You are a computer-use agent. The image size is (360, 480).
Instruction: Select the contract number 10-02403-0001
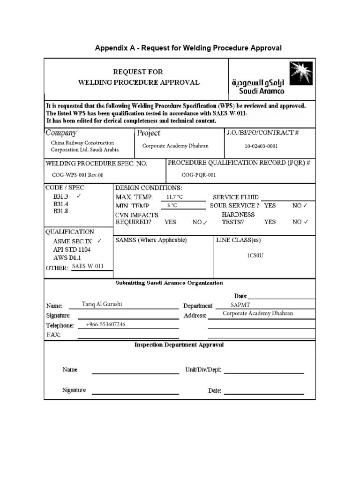click(261, 146)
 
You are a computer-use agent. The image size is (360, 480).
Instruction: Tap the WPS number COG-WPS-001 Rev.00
click(77, 174)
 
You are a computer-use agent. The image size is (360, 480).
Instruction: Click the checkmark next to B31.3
click(79, 196)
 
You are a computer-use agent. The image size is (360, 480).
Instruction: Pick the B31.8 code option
click(60, 211)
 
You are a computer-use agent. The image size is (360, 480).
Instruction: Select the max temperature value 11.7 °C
click(175, 197)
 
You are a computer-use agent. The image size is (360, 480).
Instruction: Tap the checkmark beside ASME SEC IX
click(99, 241)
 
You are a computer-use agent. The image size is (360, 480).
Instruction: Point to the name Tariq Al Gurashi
click(102, 304)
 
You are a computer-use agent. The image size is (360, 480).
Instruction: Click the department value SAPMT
click(240, 305)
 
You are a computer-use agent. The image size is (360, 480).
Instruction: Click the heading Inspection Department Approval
click(179, 345)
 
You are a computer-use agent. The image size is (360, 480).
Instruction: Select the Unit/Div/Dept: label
click(203, 370)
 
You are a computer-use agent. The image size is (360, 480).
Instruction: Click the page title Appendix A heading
click(188, 48)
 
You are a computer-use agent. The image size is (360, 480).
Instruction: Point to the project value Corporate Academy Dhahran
click(175, 146)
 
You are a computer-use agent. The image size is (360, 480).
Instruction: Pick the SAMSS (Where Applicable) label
click(151, 240)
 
